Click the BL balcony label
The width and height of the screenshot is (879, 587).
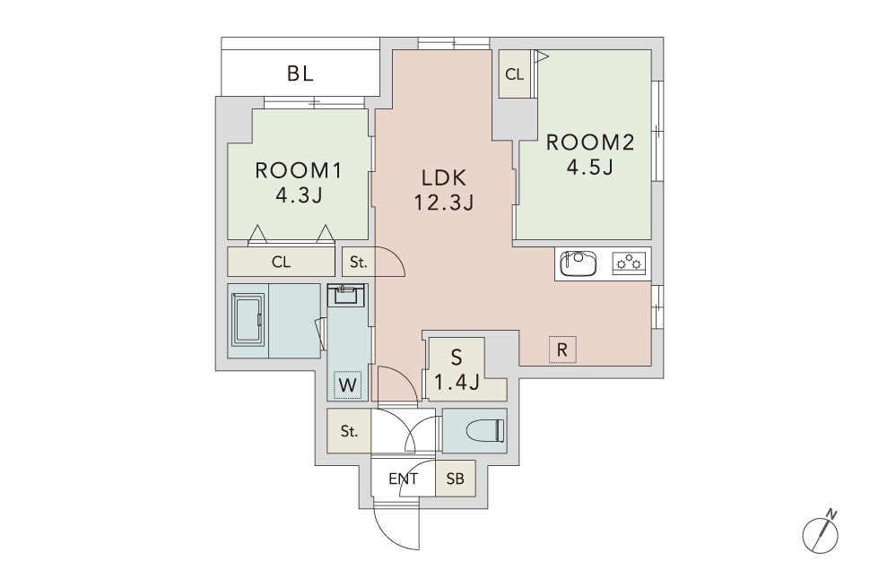[300, 73]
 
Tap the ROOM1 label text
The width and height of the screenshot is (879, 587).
[298, 170]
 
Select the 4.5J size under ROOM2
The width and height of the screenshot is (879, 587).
[590, 167]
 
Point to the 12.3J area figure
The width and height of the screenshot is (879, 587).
[444, 202]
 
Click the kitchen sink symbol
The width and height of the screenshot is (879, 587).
[579, 263]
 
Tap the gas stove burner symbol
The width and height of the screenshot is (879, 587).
[629, 262]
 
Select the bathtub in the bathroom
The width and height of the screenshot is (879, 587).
[248, 319]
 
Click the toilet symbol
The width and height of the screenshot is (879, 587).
[485, 431]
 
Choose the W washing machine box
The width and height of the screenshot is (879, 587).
[348, 384]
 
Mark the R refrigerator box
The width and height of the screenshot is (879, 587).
[562, 350]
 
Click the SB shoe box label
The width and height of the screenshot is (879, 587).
[456, 479]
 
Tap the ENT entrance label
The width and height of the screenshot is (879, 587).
[403, 479]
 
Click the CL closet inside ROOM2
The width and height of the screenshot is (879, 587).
[514, 73]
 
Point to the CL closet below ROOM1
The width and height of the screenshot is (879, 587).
[281, 262]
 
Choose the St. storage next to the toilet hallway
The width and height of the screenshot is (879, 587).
[349, 431]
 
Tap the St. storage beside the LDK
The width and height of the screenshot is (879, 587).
[358, 262]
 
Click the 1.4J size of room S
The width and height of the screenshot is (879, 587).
[457, 382]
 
